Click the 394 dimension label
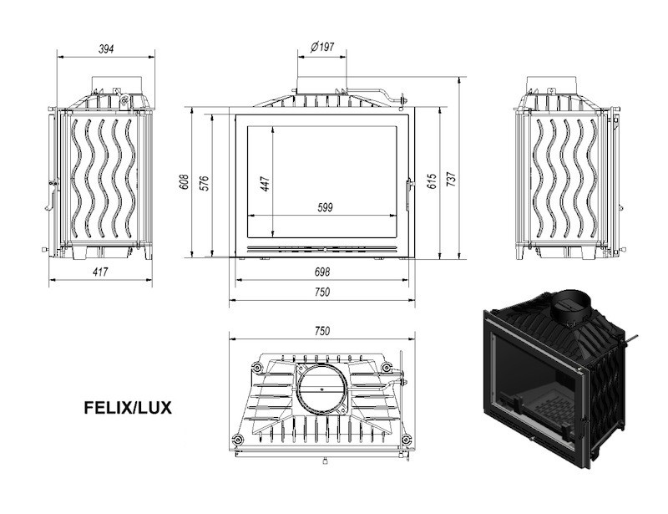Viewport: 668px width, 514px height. (x=106, y=49)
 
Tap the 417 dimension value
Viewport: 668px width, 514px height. (x=100, y=272)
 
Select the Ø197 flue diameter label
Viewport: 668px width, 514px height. (x=322, y=47)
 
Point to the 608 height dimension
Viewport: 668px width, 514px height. (x=185, y=182)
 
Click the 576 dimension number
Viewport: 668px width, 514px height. (x=205, y=183)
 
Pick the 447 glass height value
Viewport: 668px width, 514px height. (x=265, y=184)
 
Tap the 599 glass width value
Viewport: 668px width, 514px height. (x=325, y=208)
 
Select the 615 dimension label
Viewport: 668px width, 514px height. (x=432, y=181)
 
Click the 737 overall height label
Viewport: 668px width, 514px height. (x=452, y=179)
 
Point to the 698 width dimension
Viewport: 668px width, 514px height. (x=322, y=272)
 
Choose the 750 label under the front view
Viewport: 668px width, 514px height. (x=322, y=293)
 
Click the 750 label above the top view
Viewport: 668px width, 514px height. (x=322, y=331)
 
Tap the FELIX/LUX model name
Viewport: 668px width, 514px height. (x=128, y=408)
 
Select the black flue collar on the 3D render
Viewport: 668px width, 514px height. (x=570, y=307)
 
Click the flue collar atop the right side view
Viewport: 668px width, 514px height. (x=552, y=84)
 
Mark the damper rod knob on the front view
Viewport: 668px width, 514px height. (x=402, y=99)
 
